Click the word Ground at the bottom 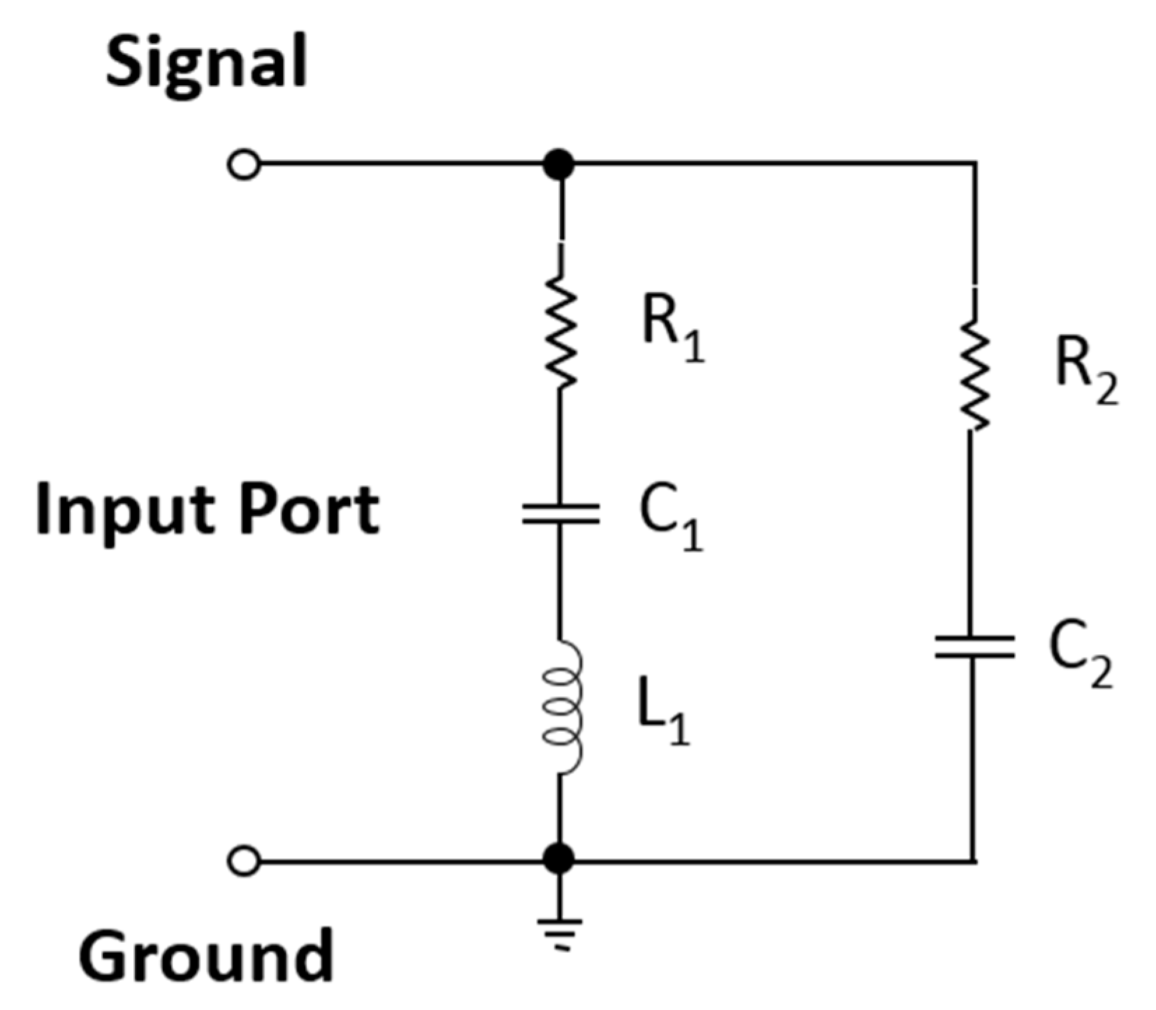pyautogui.click(x=206, y=955)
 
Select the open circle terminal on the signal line pyautogui.click(x=244, y=166)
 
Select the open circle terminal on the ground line pyautogui.click(x=244, y=860)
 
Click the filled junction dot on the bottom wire pyautogui.click(x=559, y=859)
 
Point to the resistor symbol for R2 pyautogui.click(x=974, y=375)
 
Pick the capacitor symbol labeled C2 pyautogui.click(x=974, y=647)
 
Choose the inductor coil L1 pyautogui.click(x=563, y=707)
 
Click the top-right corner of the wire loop pyautogui.click(x=974, y=164)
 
